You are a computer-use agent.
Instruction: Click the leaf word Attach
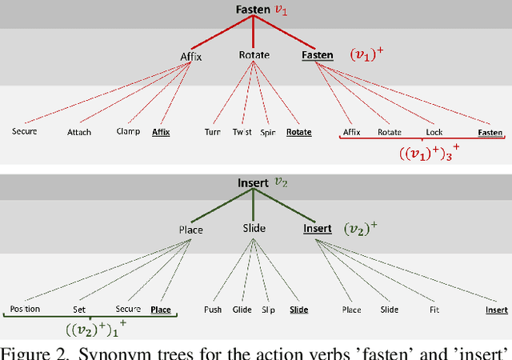(79, 132)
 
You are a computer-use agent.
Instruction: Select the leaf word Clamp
(127, 132)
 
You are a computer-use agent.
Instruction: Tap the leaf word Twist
(242, 132)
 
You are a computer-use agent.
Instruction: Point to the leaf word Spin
(270, 132)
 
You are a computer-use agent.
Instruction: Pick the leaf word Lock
(435, 132)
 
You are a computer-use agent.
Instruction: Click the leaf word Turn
(213, 132)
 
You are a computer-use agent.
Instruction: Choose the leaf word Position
(25, 309)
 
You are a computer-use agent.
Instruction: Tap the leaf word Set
(79, 309)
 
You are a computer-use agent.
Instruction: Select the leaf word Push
(213, 309)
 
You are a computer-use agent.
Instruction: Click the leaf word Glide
(242, 309)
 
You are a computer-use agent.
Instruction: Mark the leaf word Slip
(270, 309)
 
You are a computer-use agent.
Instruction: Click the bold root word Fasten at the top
(253, 10)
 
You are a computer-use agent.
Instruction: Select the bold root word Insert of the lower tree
(253, 183)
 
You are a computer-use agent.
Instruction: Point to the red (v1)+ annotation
(366, 55)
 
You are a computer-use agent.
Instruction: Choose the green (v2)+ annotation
(361, 230)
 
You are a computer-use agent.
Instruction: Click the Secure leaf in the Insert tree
(127, 309)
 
